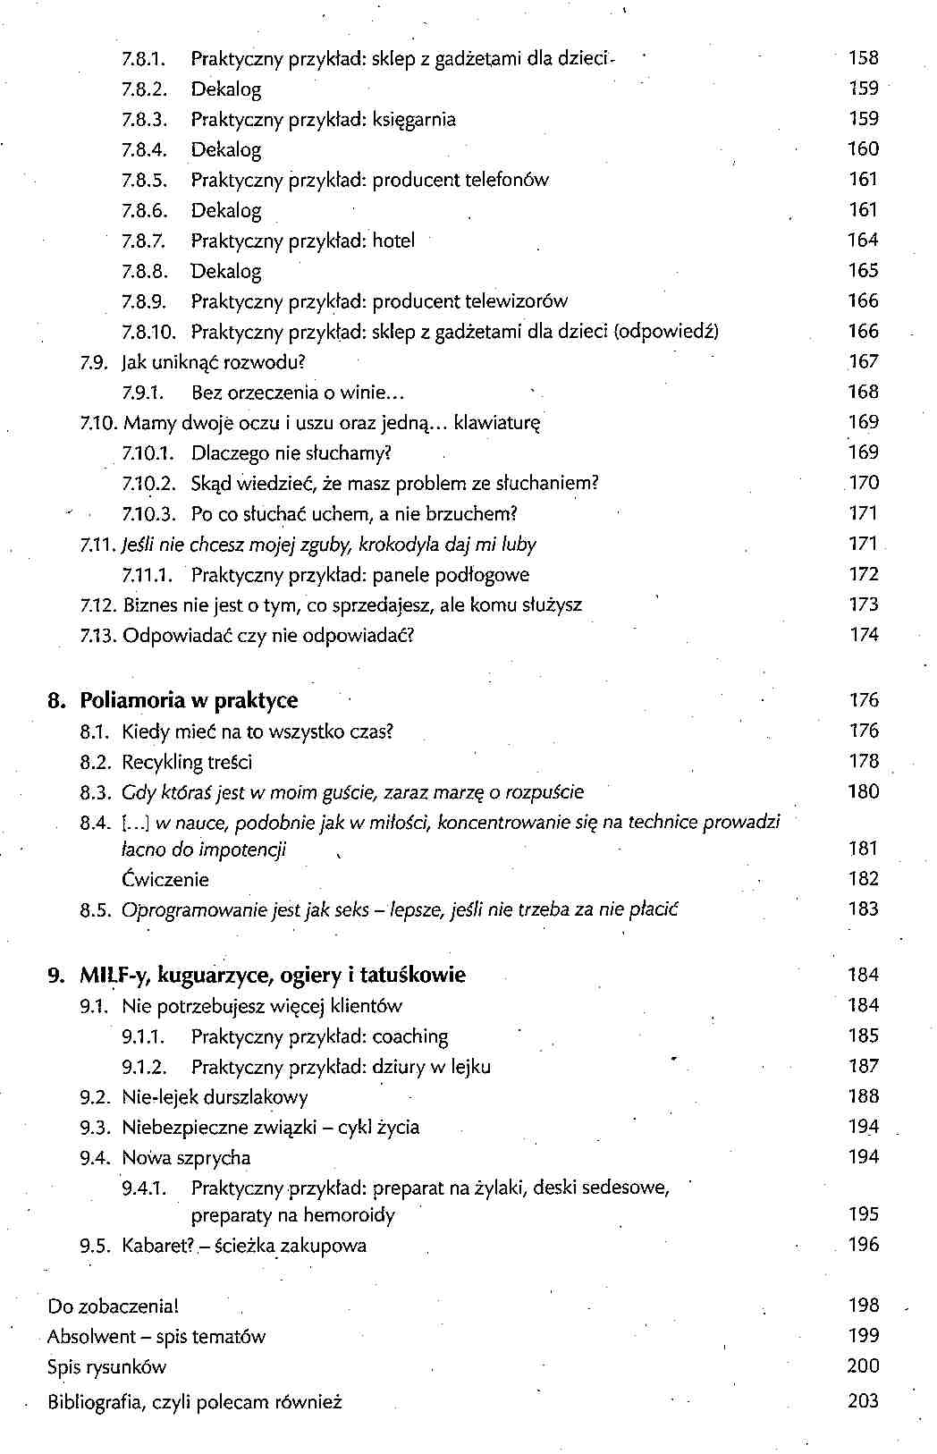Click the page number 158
coord(864,58)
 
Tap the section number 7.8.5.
coord(145,180)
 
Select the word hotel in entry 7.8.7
coord(393,241)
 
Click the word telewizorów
coord(516,301)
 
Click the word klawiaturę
coord(497,423)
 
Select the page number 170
coord(864,483)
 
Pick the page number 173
coord(864,604)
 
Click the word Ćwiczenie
coord(165,880)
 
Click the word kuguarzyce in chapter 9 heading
coord(227,976)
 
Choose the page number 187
coord(864,1066)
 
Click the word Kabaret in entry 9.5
coord(156,1246)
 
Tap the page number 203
coord(864,1401)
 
